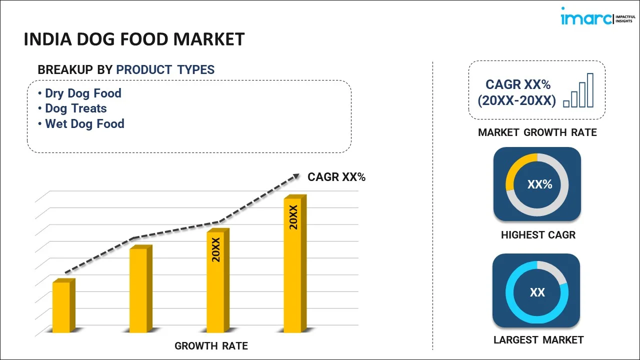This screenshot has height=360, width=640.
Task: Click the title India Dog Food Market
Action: (x=134, y=39)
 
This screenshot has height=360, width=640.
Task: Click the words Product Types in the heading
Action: (x=165, y=70)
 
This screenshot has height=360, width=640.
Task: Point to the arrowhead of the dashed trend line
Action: (x=296, y=176)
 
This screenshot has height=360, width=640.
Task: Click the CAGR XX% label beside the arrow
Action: (x=336, y=177)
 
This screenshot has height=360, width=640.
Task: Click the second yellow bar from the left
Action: (x=138, y=289)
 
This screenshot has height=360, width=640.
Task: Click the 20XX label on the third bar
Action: (x=216, y=250)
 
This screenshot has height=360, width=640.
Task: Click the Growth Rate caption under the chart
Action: (x=211, y=346)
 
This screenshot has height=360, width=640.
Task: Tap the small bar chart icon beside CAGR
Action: (x=578, y=91)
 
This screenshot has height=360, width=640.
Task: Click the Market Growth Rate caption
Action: (x=537, y=132)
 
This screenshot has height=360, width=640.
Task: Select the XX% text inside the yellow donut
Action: (x=539, y=184)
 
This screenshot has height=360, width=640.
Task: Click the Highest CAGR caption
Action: (x=538, y=235)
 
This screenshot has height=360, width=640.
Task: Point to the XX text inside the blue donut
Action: (x=537, y=292)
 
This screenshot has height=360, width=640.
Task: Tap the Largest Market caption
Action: (x=538, y=340)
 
